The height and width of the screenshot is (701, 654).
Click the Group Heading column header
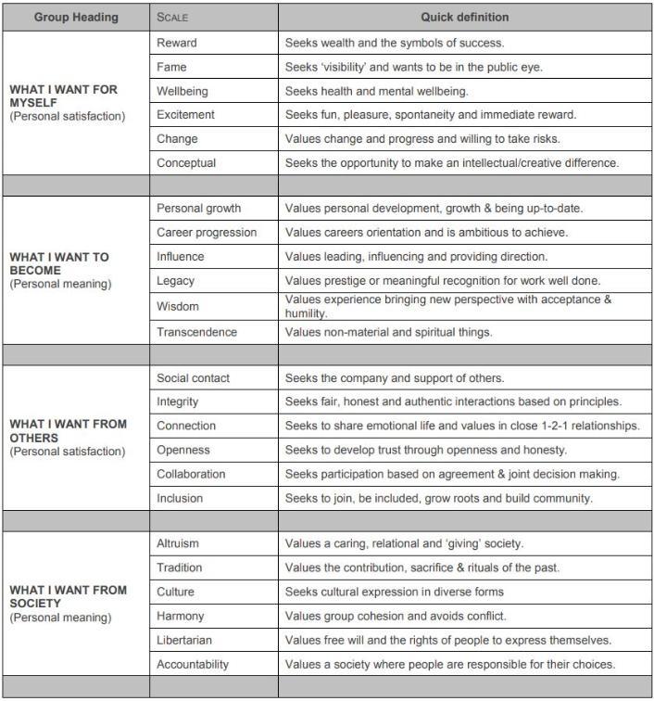coord(75,17)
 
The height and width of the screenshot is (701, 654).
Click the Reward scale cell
coord(177,43)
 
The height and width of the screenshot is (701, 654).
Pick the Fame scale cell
coord(174,67)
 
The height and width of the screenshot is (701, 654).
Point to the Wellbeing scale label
coord(183,91)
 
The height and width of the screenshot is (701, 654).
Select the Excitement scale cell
coord(185,115)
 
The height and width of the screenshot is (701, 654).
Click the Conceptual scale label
coord(186,163)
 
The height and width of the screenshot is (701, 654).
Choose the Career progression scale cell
coord(207,232)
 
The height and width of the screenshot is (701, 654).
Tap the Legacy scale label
coord(176,280)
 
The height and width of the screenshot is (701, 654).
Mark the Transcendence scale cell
coord(196,332)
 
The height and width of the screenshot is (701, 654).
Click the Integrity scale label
coord(178,401)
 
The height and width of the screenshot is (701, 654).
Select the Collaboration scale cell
coord(191,474)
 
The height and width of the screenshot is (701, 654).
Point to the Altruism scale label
coord(178,543)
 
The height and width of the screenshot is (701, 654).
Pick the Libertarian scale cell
coord(184,640)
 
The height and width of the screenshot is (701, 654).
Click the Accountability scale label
coord(193,664)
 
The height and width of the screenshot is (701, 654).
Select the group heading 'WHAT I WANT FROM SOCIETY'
coord(69,596)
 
